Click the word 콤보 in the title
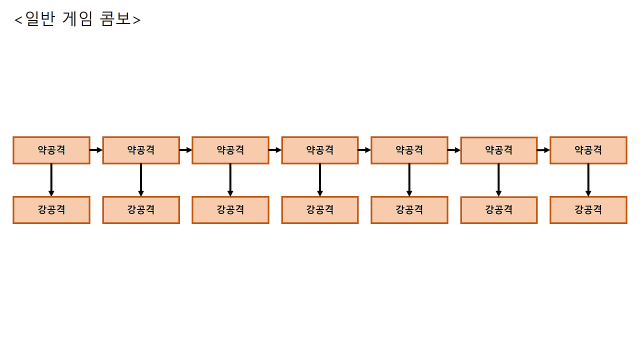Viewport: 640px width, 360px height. (115, 19)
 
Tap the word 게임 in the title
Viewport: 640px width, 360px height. (78, 19)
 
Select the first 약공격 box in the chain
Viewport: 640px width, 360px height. (51, 150)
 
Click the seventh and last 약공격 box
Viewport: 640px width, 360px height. (588, 150)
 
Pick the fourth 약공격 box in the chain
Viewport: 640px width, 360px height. (320, 150)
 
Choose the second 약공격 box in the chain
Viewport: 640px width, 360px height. (141, 150)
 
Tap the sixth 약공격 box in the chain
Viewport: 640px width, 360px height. (498, 150)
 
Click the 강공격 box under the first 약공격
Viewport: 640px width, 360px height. (51, 210)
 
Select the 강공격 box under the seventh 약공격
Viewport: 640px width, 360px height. (588, 210)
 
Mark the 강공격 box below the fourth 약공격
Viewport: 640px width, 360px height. (320, 210)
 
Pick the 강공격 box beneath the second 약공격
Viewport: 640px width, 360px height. (141, 210)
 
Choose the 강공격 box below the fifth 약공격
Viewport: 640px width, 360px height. (409, 210)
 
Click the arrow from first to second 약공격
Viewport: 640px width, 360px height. (96, 150)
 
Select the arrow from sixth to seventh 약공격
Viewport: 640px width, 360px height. (543, 150)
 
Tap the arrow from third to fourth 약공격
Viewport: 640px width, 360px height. (275, 150)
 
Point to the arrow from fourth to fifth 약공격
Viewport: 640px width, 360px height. (364, 150)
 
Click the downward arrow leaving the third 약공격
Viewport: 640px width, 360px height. (230, 180)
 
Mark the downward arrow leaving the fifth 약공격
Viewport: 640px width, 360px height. (409, 180)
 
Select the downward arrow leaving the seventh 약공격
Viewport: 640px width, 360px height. (588, 180)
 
